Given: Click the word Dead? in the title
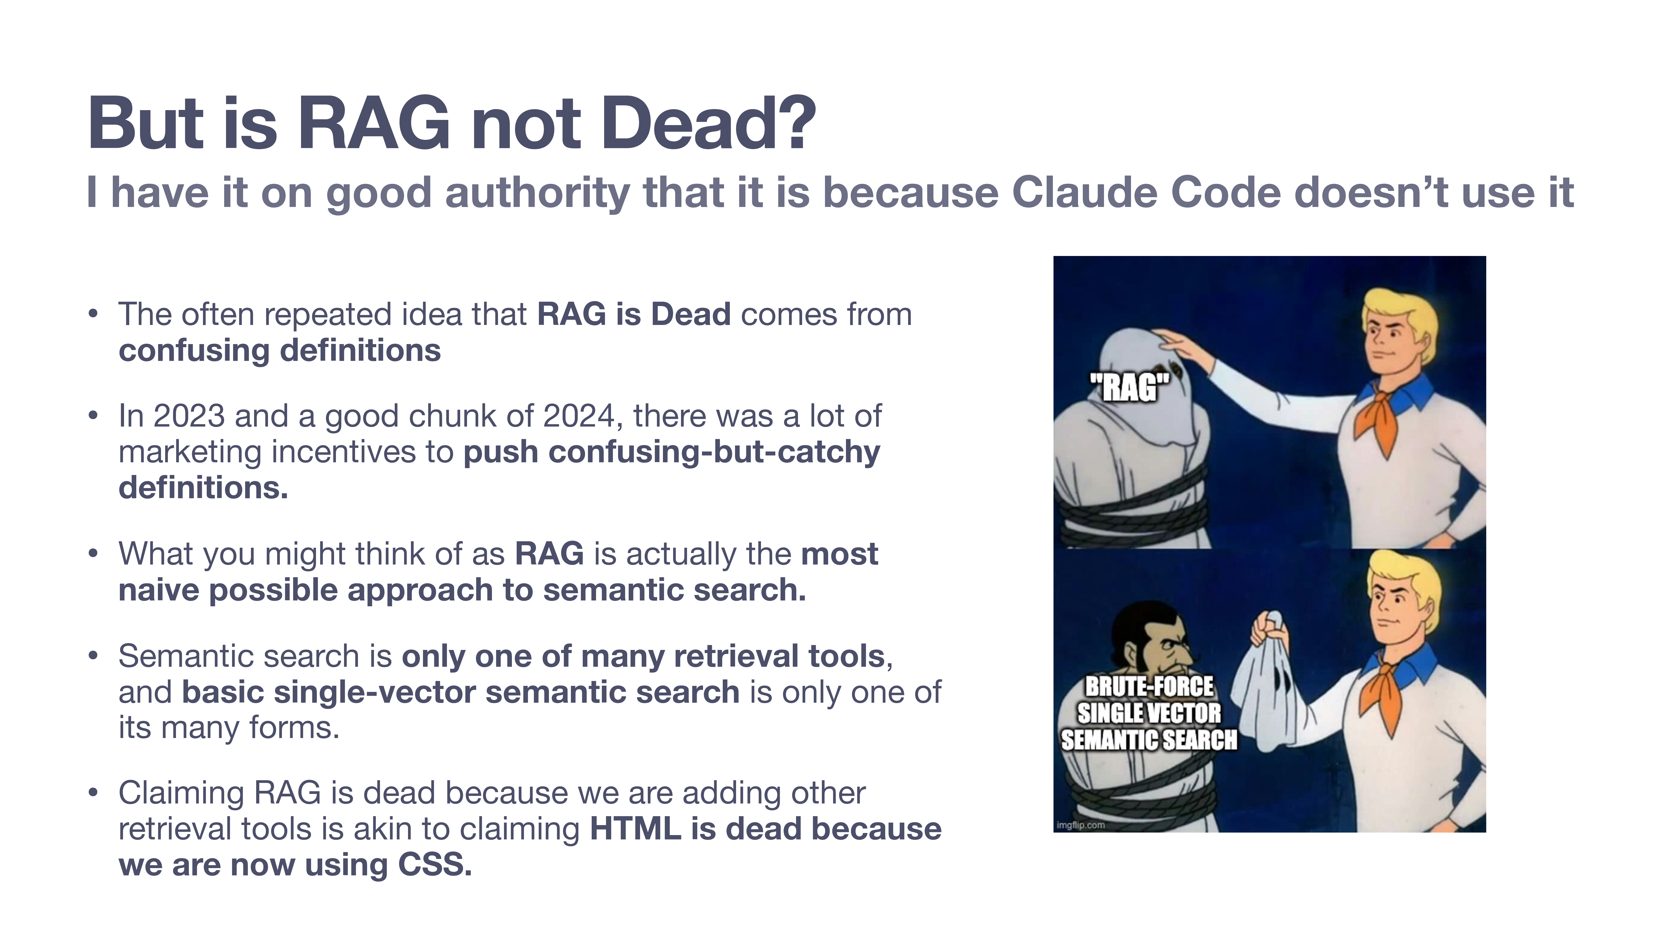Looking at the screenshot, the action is point(708,123).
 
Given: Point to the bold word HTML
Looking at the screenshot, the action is point(635,829).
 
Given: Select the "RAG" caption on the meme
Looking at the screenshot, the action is point(1129,388).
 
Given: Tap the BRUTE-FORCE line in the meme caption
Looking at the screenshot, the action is point(1149,686).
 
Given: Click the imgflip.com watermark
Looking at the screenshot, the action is point(1081,825).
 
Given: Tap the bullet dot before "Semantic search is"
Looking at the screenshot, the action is point(93,656).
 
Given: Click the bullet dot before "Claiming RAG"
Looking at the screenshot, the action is point(93,793).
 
